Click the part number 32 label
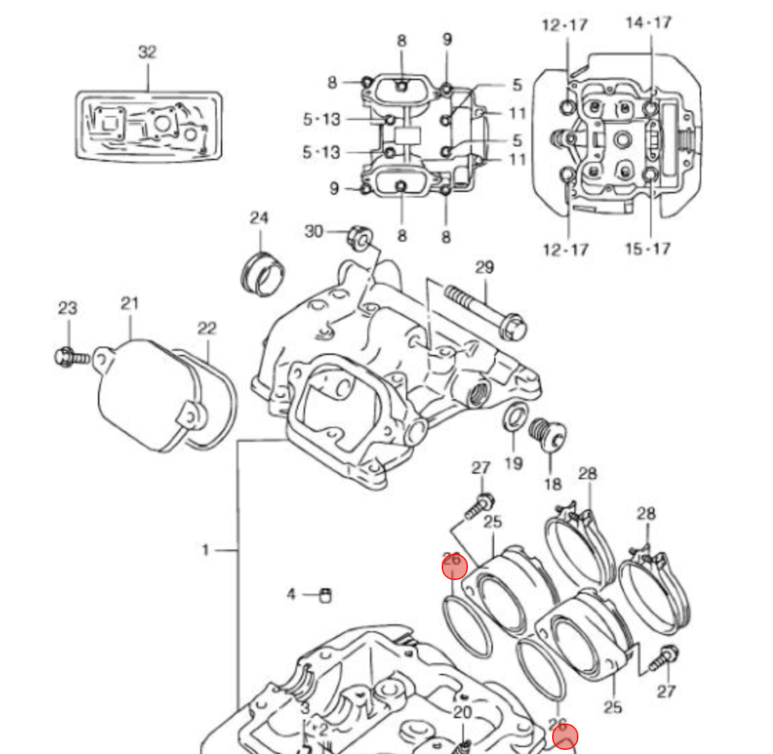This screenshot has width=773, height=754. pos(147,52)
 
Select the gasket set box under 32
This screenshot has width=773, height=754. pos(148,126)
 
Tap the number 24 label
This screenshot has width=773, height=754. pos(259,218)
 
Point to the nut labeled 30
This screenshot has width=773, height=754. pos(359,237)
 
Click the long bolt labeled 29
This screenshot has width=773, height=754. pos(483,310)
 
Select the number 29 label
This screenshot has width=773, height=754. pos(485,267)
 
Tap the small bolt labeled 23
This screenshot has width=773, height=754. pos(70,357)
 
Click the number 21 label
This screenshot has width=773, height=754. pos(130,302)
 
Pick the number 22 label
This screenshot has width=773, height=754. pos(207,329)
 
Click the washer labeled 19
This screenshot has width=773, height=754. pos(513,418)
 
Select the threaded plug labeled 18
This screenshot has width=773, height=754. pos(548,434)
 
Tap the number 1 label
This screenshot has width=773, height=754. pos(205,550)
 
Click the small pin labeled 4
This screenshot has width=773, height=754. pos(326,594)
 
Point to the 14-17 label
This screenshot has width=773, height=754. pos(648,23)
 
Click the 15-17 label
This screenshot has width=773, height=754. pos(647,248)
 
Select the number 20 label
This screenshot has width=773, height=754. pos(462,713)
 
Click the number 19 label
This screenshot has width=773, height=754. pos(513,462)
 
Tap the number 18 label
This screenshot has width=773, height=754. pos(552,483)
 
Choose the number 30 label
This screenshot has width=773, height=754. pos(314,231)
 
